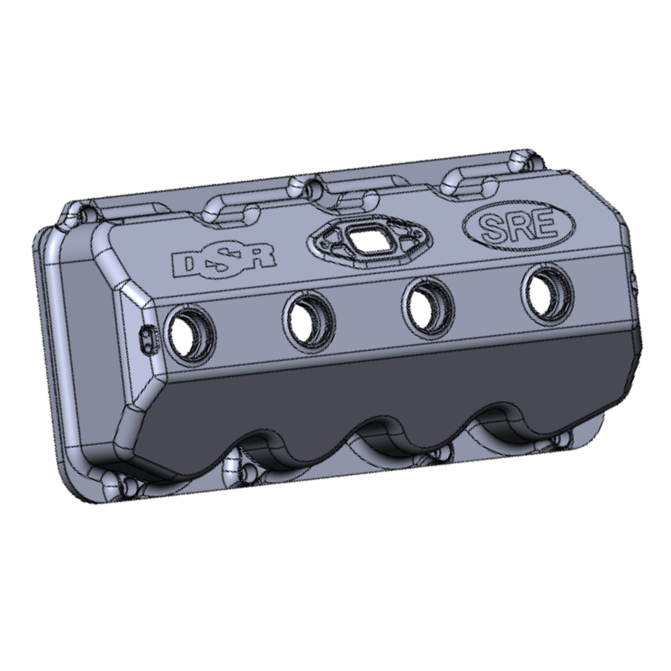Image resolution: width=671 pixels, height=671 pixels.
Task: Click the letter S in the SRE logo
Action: pos(492,227)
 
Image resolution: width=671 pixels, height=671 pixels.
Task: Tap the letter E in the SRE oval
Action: pos(545,225)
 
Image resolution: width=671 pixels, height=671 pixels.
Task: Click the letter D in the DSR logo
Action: pos(185,265)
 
